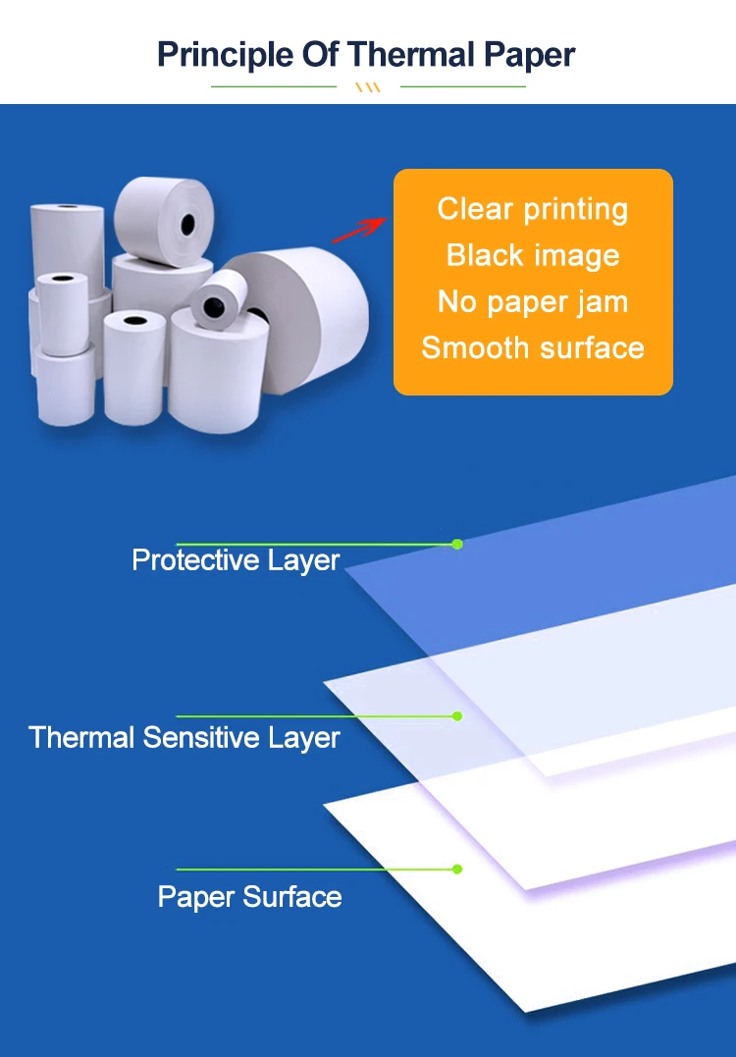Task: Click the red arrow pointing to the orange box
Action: click(357, 230)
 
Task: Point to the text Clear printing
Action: click(533, 209)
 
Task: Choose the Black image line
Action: click(533, 255)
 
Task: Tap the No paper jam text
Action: click(533, 301)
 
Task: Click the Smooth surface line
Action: click(533, 347)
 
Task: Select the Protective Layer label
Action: click(236, 560)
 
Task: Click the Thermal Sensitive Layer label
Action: click(184, 738)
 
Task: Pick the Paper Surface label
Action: click(249, 897)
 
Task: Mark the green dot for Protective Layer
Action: click(457, 544)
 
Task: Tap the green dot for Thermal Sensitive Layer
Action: click(457, 716)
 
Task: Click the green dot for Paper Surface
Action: click(457, 869)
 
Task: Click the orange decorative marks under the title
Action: click(368, 87)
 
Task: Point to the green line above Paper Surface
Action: click(314, 869)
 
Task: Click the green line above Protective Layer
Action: click(314, 544)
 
